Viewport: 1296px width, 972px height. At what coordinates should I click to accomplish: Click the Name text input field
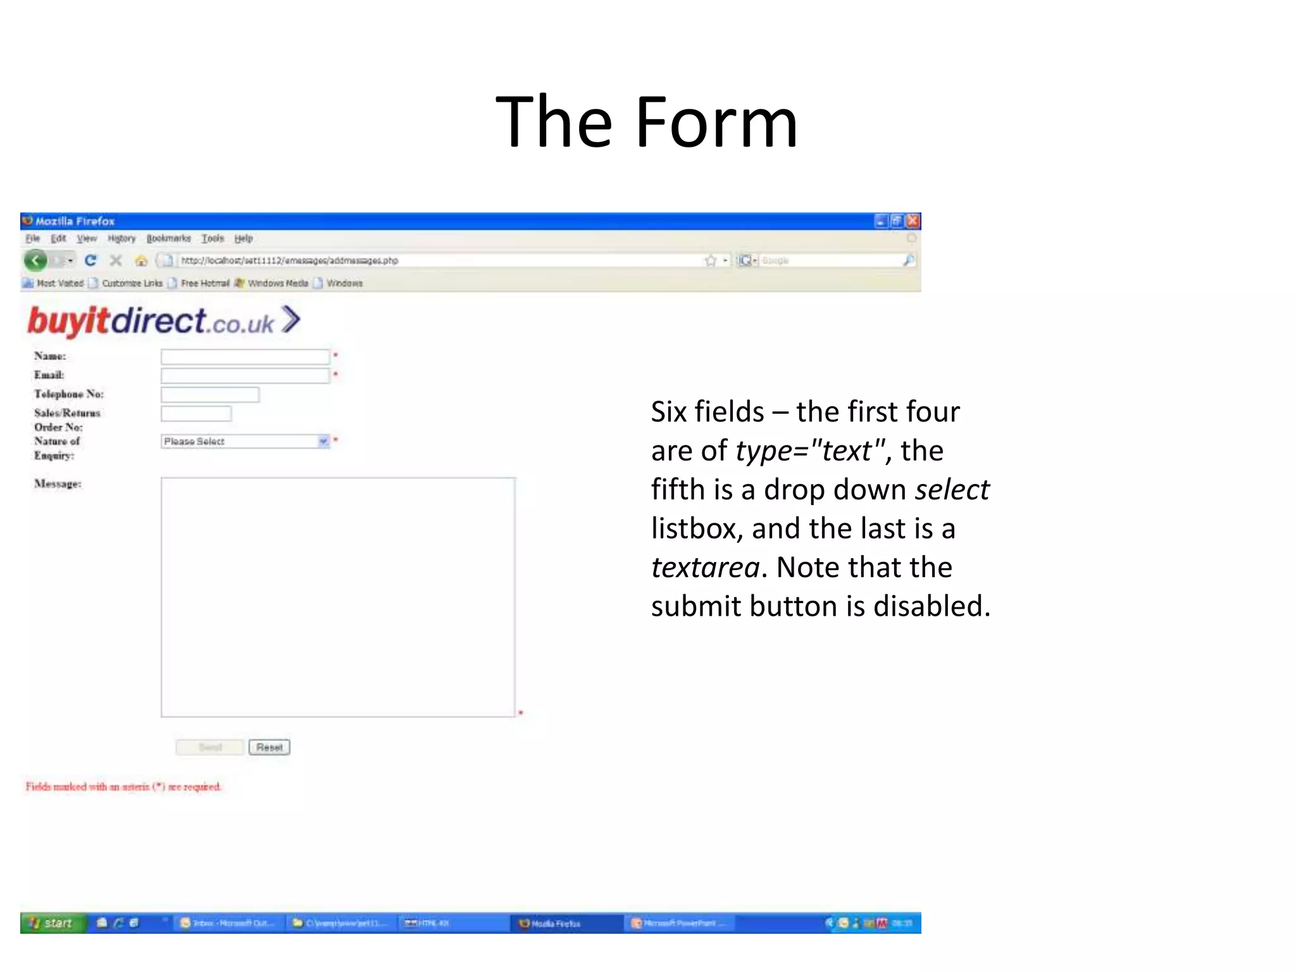(245, 357)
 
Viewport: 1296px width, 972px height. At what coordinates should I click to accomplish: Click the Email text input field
(245, 376)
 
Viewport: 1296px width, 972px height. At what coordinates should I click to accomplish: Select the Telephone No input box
(209, 395)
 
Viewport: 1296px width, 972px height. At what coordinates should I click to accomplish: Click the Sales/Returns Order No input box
(196, 414)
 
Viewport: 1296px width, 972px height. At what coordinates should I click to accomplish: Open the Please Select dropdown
(245, 441)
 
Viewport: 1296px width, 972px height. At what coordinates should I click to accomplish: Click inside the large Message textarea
(338, 597)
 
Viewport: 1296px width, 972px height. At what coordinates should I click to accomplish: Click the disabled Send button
(210, 747)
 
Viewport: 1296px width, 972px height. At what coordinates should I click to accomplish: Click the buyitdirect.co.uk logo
(163, 321)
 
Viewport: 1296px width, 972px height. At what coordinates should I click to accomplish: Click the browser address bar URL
(289, 261)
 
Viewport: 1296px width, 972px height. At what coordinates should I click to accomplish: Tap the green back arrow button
(35, 260)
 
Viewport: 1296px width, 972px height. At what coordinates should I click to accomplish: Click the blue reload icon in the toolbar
(90, 260)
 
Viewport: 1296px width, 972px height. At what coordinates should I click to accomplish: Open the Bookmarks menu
(168, 239)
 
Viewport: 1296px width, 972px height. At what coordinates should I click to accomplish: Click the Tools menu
(213, 239)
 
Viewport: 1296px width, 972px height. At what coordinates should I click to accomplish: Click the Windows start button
(51, 923)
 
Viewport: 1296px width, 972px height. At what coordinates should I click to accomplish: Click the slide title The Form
(647, 121)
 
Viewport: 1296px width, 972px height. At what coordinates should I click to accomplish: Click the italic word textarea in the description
(705, 568)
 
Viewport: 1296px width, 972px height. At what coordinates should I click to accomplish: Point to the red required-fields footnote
(123, 787)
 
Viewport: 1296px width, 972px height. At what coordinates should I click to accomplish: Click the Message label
(58, 484)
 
